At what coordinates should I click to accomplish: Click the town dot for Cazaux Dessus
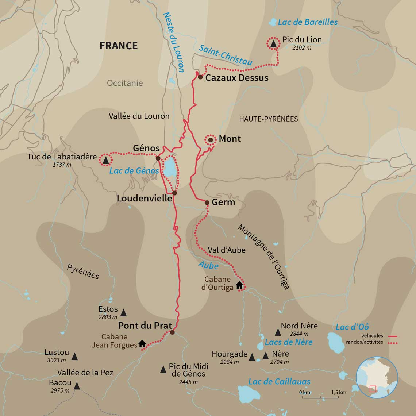[200, 77]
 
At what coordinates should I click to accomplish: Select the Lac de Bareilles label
[308, 22]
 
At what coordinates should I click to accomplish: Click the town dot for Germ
[207, 203]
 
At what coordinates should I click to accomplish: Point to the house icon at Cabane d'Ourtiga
[239, 285]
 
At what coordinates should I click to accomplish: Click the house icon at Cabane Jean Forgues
[142, 344]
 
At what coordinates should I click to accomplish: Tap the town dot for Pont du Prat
[172, 332]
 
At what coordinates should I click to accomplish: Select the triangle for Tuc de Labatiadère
[106, 160]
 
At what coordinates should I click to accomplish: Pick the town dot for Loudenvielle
[174, 193]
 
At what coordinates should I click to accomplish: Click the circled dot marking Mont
[210, 140]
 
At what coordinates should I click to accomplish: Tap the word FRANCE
[119, 46]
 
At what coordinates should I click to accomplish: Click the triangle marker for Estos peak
[123, 312]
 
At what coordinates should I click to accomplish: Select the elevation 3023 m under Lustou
[57, 360]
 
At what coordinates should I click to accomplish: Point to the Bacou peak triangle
[77, 386]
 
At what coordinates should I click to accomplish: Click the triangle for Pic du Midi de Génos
[163, 369]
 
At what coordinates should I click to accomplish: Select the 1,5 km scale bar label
[338, 392]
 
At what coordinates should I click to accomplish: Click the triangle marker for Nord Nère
[278, 332]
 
